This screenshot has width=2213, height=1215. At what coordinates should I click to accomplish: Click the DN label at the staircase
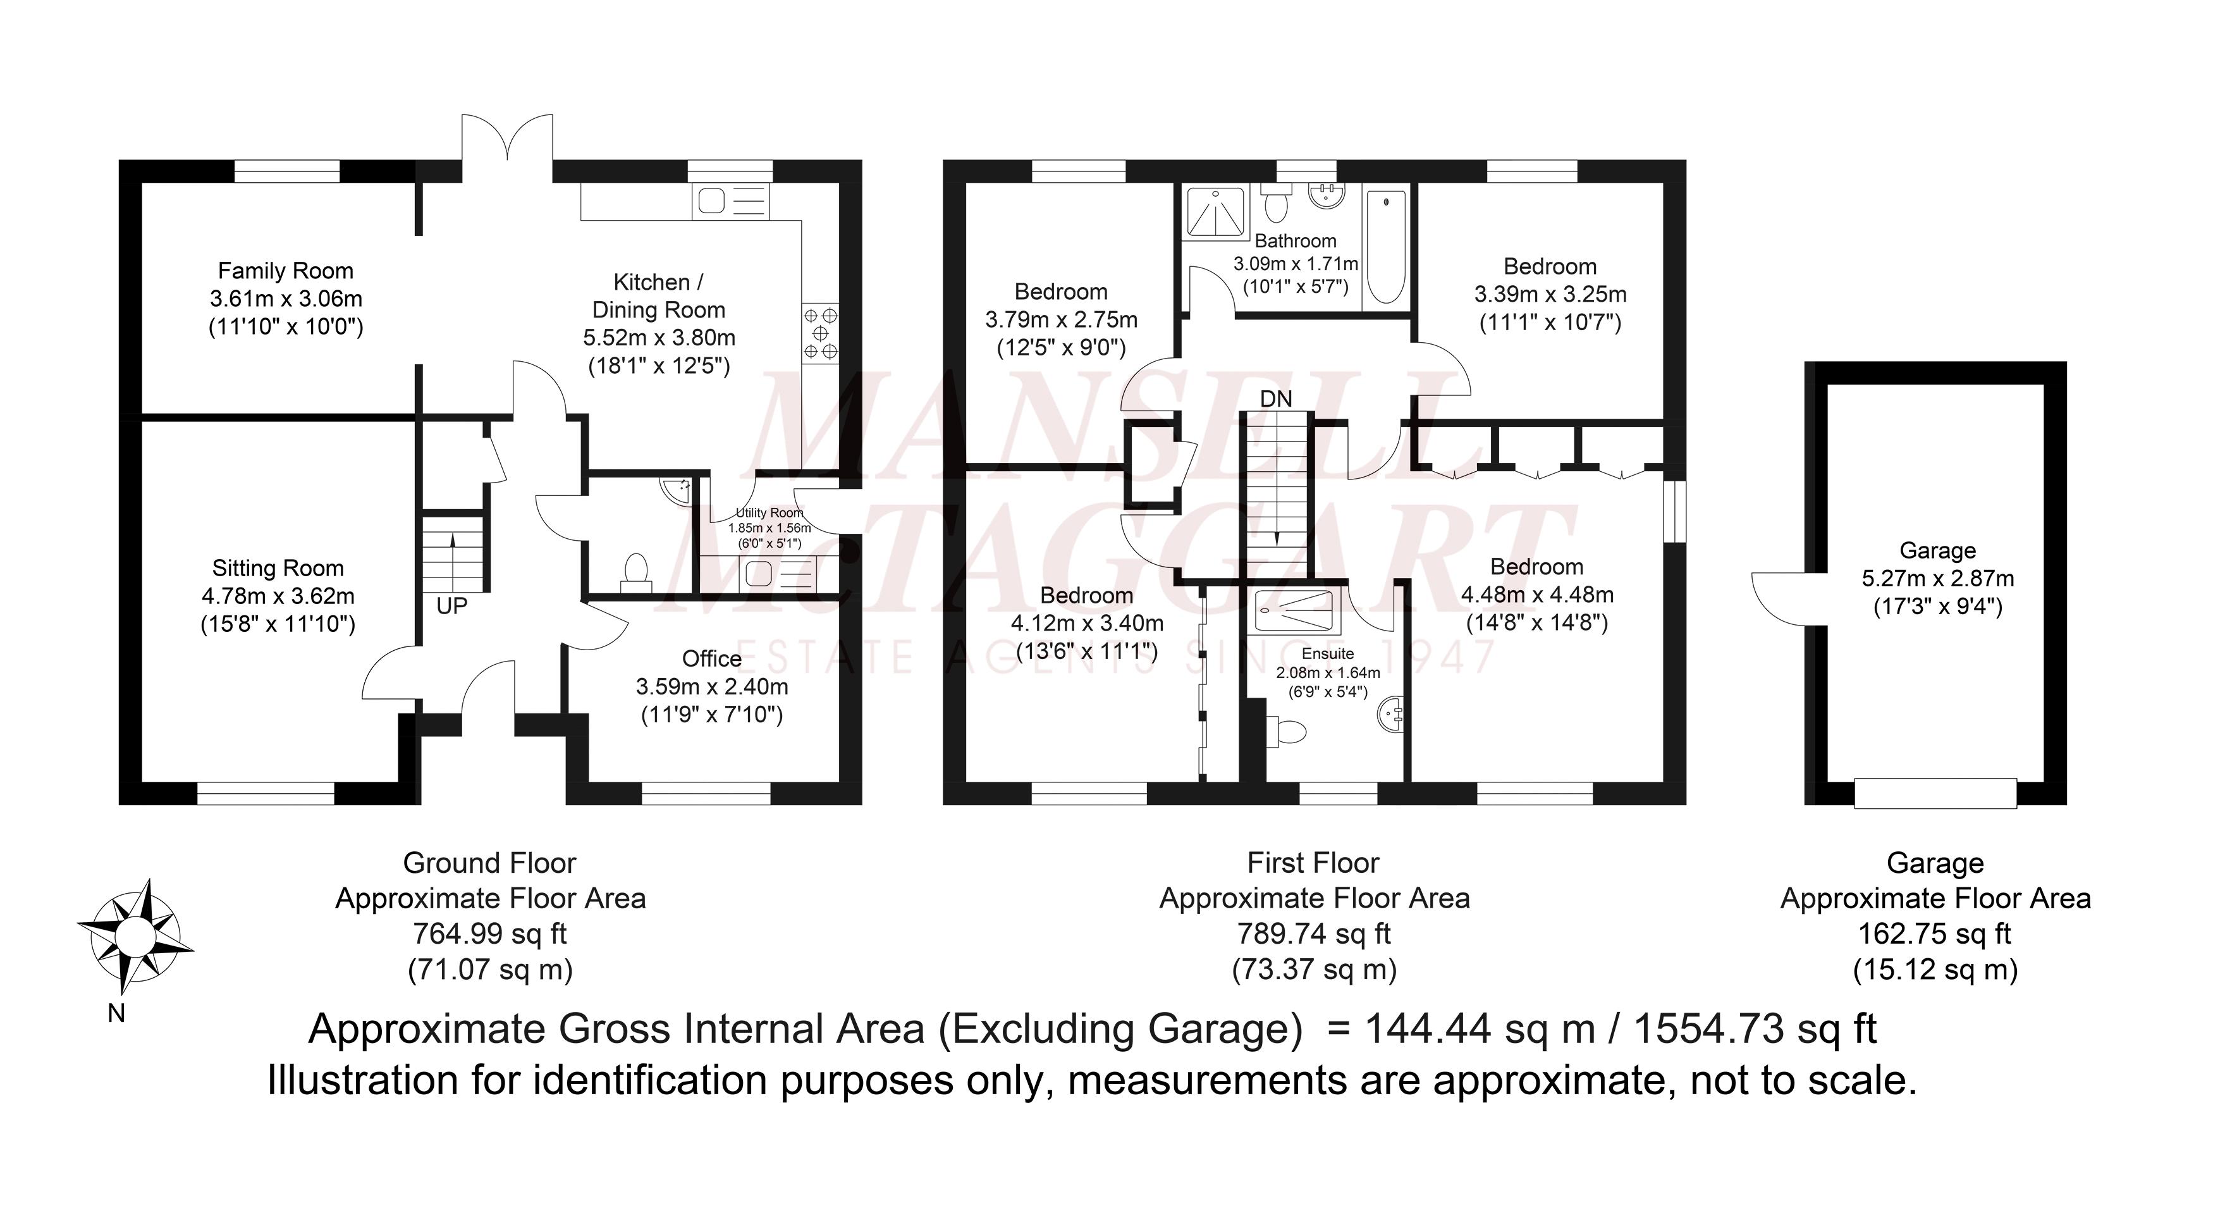(1276, 398)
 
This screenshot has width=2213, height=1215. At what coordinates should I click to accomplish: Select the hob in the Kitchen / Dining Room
(819, 333)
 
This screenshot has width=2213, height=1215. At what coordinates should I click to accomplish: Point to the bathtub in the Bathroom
(1384, 247)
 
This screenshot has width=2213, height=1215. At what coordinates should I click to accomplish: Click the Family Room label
(285, 271)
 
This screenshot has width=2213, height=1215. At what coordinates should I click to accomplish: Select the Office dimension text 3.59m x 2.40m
(711, 686)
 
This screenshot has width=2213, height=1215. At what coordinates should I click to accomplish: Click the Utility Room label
(769, 513)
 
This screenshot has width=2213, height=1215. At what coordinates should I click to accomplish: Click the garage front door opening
(1935, 793)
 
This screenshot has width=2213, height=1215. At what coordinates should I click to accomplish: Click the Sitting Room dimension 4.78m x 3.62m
(278, 595)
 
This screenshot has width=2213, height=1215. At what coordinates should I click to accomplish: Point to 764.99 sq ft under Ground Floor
(489, 933)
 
